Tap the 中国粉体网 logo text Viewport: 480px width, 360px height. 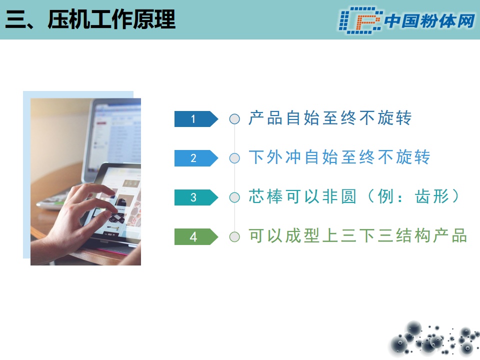[x=429, y=21]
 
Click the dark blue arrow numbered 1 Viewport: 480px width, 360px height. [x=196, y=119]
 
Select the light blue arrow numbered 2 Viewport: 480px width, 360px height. [x=196, y=158]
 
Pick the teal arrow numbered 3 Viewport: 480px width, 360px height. [x=196, y=197]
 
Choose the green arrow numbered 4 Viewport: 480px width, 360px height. [x=196, y=236]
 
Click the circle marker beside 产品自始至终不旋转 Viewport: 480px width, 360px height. [x=234, y=119]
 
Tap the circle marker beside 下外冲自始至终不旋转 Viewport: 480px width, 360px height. [x=234, y=158]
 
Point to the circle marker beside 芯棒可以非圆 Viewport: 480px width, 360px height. [x=234, y=197]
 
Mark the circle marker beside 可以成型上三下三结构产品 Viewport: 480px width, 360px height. [x=234, y=236]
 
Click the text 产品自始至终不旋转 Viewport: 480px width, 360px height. [x=330, y=118]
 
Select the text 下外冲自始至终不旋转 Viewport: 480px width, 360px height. [x=339, y=157]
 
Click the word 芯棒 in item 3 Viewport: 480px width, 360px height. [x=265, y=196]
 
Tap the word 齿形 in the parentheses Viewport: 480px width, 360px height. [x=432, y=196]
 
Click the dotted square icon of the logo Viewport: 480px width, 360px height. [x=360, y=20]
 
